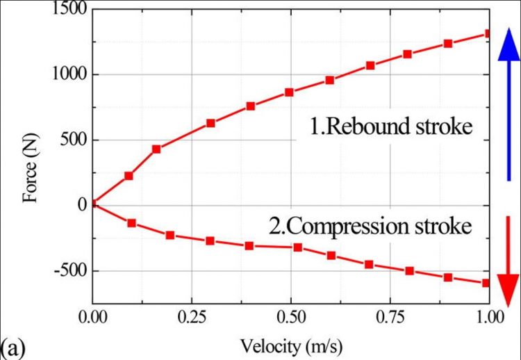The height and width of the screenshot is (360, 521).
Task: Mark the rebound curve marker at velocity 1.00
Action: coord(489,33)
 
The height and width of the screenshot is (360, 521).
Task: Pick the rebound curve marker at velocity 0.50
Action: coord(290,92)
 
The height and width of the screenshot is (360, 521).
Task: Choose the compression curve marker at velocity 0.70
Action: coord(370,264)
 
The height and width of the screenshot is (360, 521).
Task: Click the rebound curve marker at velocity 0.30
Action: coord(210,123)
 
